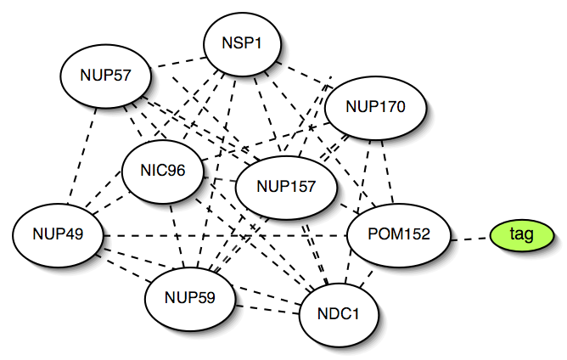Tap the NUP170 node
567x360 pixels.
point(376,108)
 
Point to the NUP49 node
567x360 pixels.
point(58,233)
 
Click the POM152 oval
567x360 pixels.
point(400,234)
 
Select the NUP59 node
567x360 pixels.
point(191,298)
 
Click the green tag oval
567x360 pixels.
point(521,234)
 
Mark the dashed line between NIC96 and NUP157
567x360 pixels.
point(223,180)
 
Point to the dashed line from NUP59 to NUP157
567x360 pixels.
point(238,246)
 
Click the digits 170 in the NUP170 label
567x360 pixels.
point(394,108)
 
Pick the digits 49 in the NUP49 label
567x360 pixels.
point(75,233)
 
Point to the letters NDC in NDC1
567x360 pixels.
point(328,314)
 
